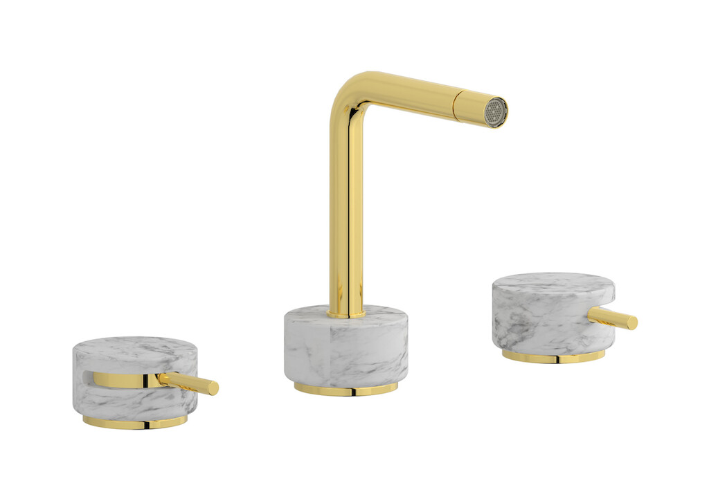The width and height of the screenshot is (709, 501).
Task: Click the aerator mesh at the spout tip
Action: pyautogui.click(x=495, y=112)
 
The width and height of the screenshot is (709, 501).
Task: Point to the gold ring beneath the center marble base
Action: pyautogui.click(x=345, y=389)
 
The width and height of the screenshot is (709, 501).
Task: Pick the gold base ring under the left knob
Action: pyautogui.click(x=134, y=422)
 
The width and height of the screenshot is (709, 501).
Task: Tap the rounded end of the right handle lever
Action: pyautogui.click(x=632, y=322)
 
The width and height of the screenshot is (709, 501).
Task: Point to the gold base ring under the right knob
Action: pyautogui.click(x=553, y=356)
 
